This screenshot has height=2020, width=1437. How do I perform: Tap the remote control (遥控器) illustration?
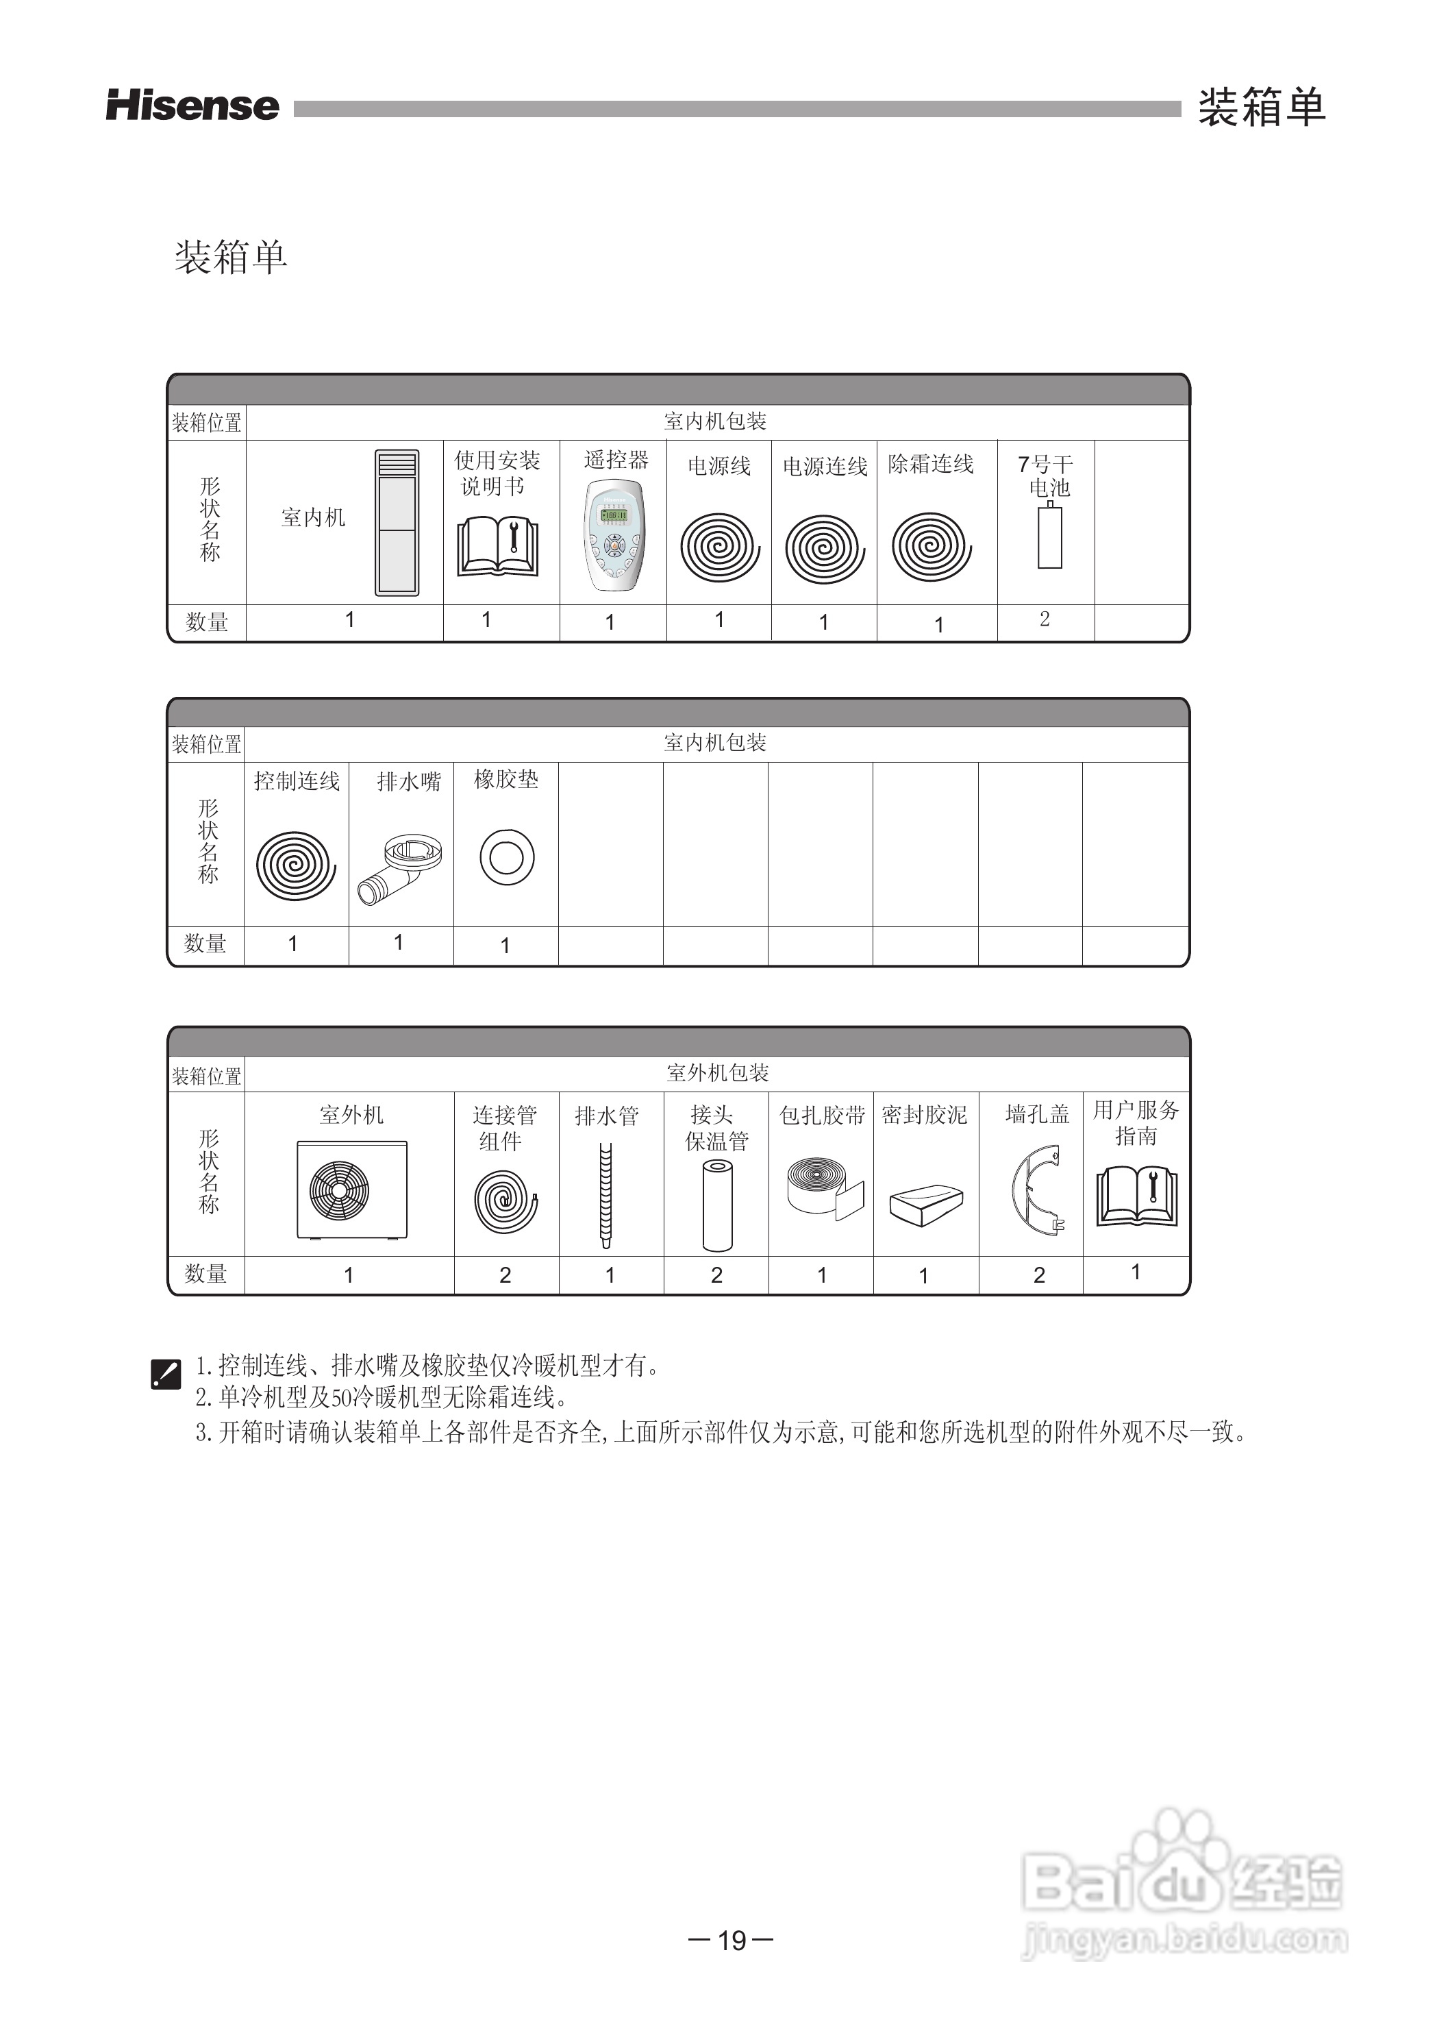click(614, 536)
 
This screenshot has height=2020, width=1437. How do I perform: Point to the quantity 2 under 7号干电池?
click(1045, 619)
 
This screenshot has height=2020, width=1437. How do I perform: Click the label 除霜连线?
click(931, 465)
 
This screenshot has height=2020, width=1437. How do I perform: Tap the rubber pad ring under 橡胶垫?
click(506, 857)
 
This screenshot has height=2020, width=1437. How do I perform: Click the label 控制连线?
click(297, 780)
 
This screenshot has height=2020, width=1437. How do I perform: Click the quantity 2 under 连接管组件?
click(505, 1274)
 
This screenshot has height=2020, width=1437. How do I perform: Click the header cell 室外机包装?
click(716, 1073)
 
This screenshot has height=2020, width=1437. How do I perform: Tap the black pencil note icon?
click(166, 1374)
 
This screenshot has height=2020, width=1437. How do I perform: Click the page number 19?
click(732, 1941)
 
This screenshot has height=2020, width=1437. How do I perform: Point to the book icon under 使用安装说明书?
click(498, 548)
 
